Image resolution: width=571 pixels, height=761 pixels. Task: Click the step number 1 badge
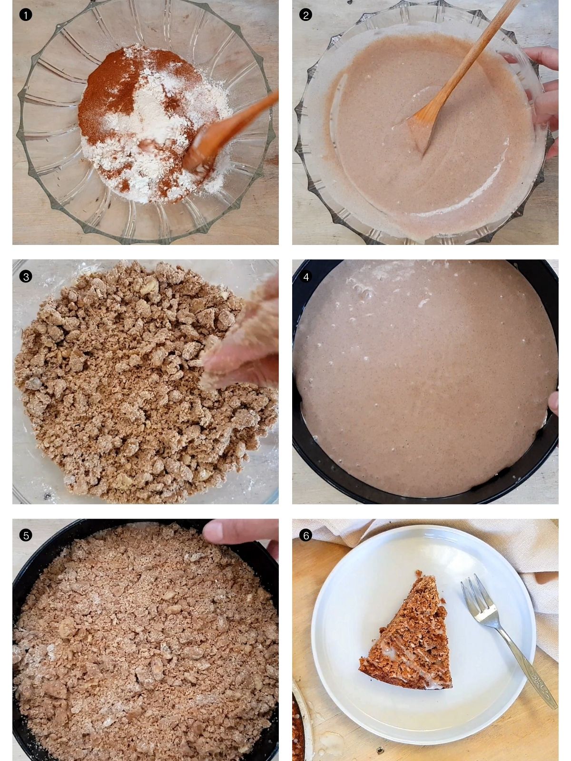(x=26, y=15)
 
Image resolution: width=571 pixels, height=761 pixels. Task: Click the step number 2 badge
(x=305, y=15)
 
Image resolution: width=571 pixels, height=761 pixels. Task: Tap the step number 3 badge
(x=26, y=276)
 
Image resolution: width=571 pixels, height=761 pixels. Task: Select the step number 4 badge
(x=305, y=276)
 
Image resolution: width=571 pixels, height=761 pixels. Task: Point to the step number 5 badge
(x=26, y=535)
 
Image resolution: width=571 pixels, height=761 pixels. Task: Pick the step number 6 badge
(x=305, y=535)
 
